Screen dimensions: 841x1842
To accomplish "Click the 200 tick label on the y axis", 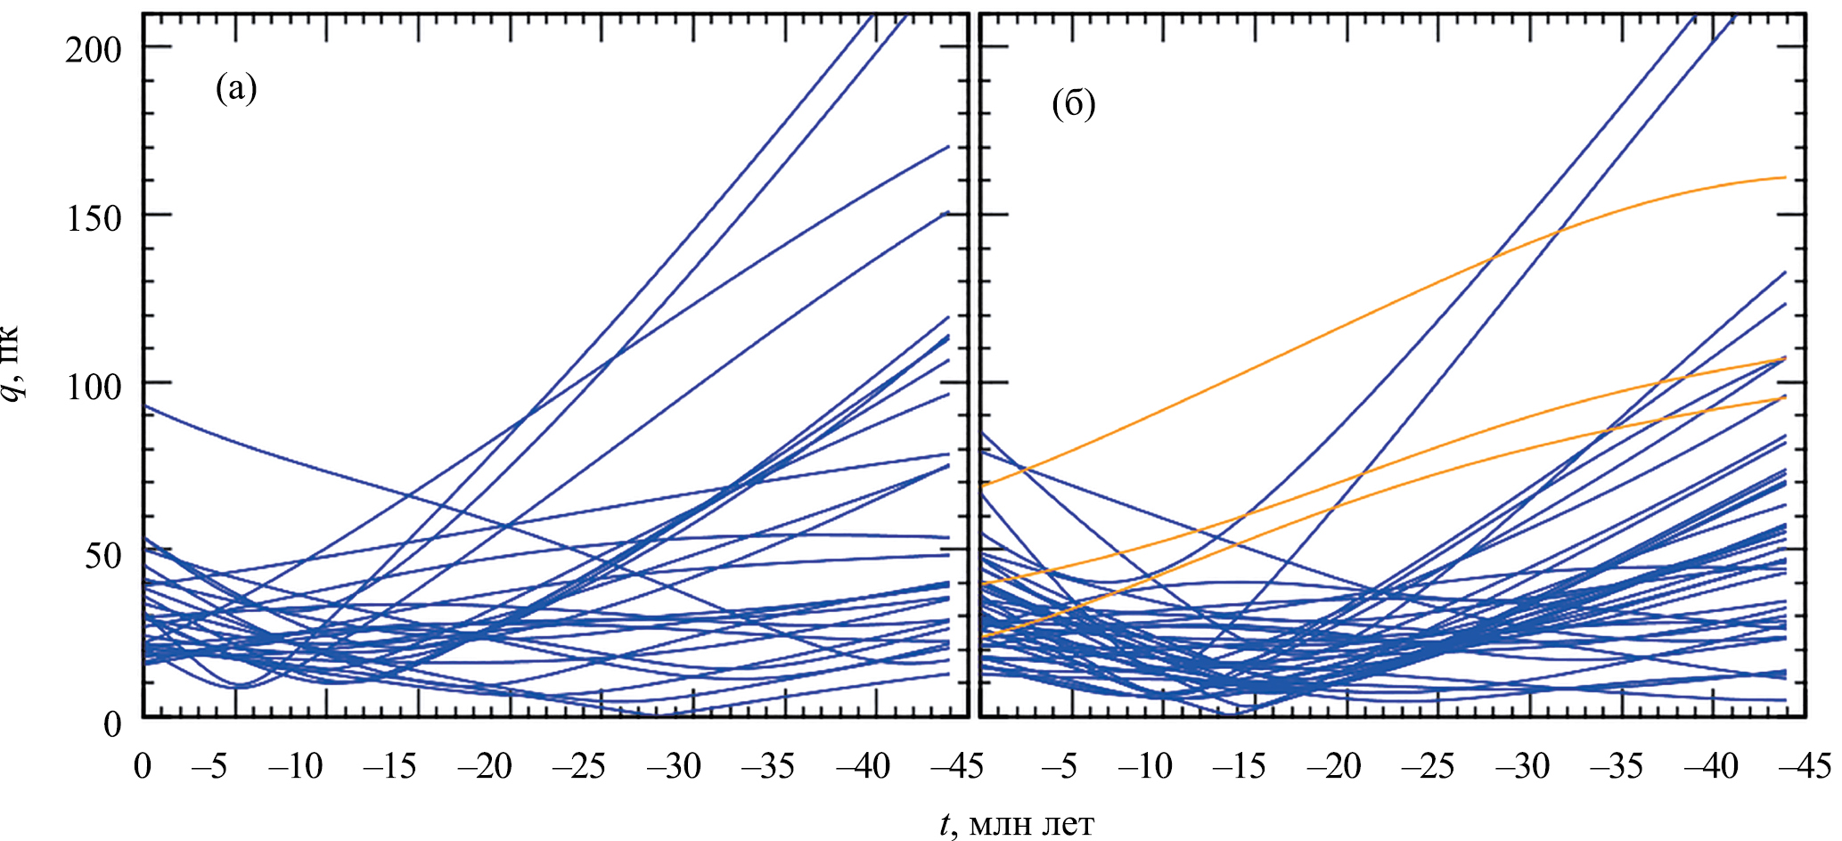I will pyautogui.click(x=93, y=49).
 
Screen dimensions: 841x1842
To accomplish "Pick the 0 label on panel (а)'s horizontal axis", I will pyautogui.click(x=143, y=766).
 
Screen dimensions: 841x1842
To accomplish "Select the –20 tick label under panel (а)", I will pyautogui.click(x=486, y=766).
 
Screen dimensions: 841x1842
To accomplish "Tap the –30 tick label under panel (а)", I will pyautogui.click(x=674, y=766).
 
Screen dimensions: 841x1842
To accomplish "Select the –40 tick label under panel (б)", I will pyautogui.click(x=1710, y=766).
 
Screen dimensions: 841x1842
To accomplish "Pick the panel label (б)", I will pyautogui.click(x=1073, y=105).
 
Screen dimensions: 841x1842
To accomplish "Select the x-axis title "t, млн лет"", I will pyautogui.click(x=1017, y=824).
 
